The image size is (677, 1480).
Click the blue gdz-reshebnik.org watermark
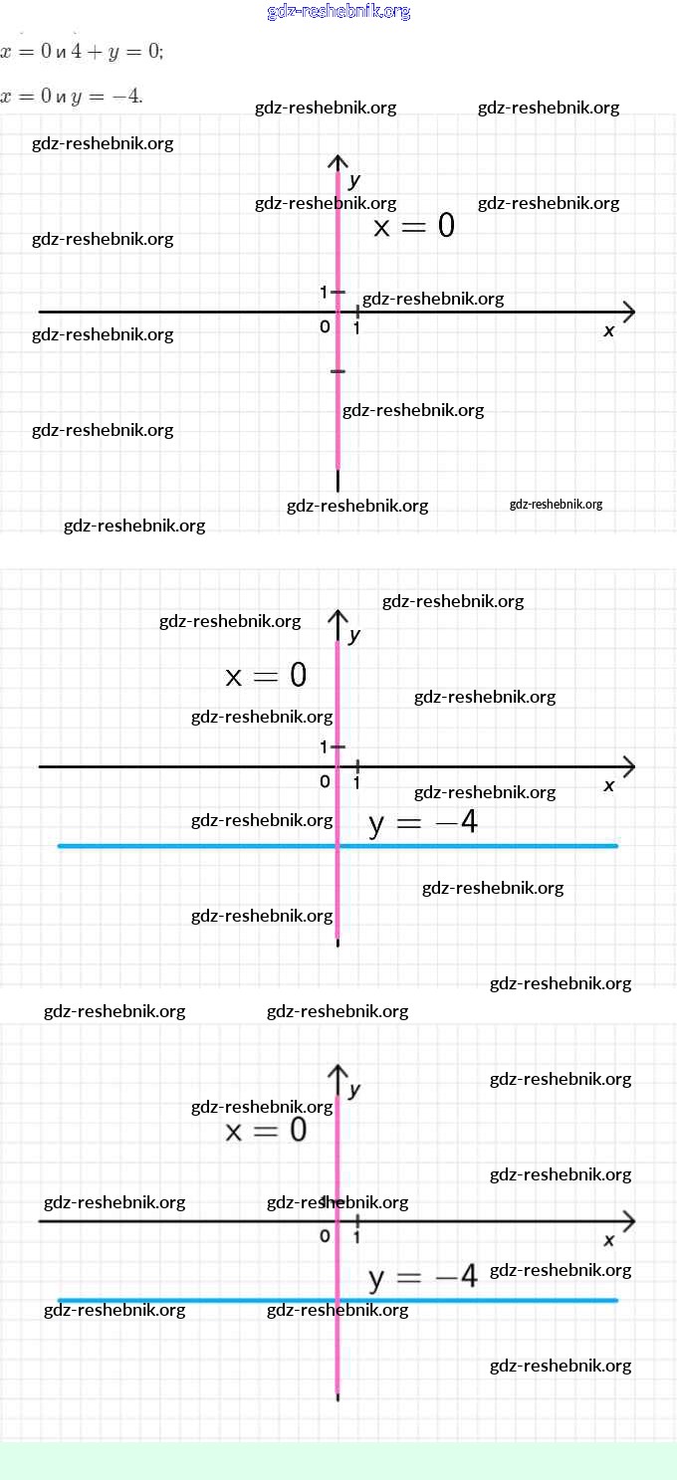[x=338, y=12]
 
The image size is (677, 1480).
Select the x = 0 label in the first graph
[x=413, y=227]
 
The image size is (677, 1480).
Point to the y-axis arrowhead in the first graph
[x=338, y=161]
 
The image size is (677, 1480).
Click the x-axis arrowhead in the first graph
[x=628, y=312]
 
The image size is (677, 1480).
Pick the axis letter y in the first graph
[x=353, y=180]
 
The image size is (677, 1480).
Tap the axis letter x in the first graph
[x=609, y=330]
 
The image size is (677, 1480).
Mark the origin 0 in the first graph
[x=325, y=326]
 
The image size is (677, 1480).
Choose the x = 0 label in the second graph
[x=266, y=677]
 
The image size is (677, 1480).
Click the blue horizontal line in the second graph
[x=199, y=846]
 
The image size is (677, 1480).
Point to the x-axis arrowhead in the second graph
[x=628, y=766]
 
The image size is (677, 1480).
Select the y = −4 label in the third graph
[x=423, y=1277]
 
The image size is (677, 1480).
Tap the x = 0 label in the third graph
[x=266, y=1131]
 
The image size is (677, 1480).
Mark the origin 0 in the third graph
[x=325, y=1236]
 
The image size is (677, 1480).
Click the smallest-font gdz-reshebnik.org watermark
[x=556, y=505]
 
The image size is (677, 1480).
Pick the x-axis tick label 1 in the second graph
[x=356, y=782]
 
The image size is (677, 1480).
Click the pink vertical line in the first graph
[x=338, y=418]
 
